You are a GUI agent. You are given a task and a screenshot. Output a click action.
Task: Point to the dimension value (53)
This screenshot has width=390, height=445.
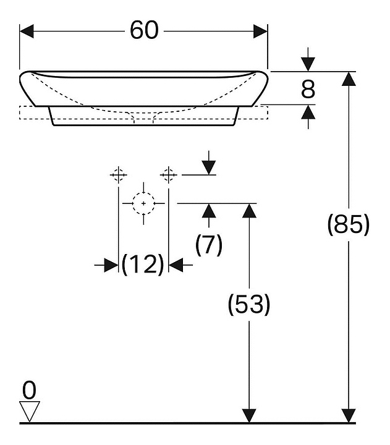coord(248,305)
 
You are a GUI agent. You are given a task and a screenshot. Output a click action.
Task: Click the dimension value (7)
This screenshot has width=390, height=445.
coord(208,246)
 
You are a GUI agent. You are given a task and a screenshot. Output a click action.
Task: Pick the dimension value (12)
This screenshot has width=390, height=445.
coord(143,265)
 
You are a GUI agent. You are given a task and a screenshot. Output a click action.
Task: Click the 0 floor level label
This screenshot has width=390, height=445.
coord(29,390)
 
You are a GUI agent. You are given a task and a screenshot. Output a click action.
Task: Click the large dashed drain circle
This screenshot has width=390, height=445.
coord(143,203)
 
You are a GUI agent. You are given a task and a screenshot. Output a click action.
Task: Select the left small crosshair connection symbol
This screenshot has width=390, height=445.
coord(118,175)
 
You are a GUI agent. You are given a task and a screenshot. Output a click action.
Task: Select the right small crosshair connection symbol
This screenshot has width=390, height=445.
coord(169,175)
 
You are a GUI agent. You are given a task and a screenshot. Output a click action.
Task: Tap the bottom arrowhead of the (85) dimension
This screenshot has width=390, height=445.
coord(349,415)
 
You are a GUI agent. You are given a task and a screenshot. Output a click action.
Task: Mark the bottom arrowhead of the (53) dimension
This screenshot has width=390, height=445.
coord(248,415)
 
